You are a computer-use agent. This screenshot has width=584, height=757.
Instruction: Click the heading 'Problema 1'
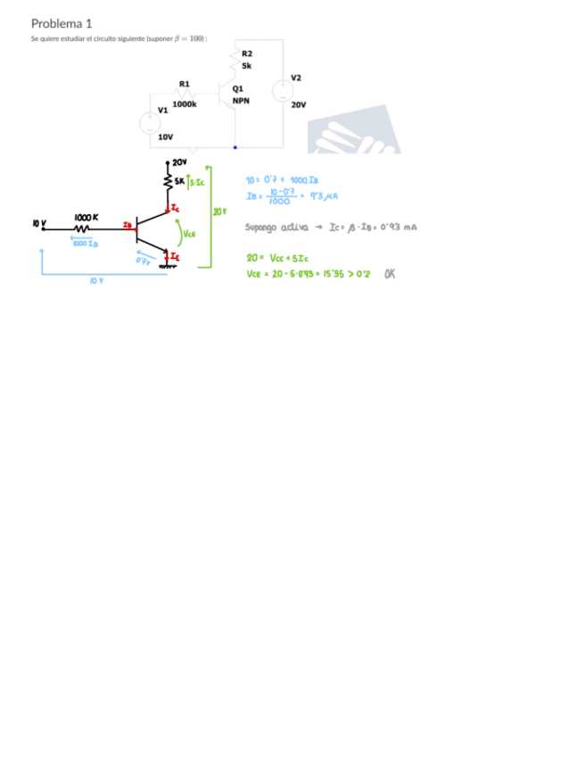click(x=62, y=23)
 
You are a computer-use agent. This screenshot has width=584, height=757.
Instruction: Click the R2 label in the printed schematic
click(x=247, y=54)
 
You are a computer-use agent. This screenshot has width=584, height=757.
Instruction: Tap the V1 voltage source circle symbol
click(x=151, y=123)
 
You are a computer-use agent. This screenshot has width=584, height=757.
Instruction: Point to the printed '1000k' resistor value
click(x=185, y=104)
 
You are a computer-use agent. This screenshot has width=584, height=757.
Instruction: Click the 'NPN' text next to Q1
click(x=241, y=101)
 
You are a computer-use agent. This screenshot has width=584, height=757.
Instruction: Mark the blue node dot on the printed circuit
click(x=235, y=147)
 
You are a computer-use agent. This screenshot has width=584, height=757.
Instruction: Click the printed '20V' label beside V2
click(x=299, y=104)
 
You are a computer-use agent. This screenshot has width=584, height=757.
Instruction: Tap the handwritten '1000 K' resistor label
click(x=86, y=217)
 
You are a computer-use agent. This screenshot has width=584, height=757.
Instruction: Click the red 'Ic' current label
click(x=174, y=208)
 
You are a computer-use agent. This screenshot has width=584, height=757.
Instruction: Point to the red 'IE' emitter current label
click(x=175, y=257)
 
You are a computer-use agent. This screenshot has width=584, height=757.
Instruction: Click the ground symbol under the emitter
click(x=167, y=266)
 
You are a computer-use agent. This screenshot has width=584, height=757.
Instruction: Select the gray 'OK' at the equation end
click(x=389, y=273)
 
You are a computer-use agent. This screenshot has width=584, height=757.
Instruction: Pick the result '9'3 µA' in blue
click(x=321, y=195)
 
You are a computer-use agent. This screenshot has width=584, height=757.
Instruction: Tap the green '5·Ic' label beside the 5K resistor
click(x=195, y=182)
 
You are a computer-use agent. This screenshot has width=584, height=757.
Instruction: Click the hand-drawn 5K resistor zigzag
click(x=167, y=181)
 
